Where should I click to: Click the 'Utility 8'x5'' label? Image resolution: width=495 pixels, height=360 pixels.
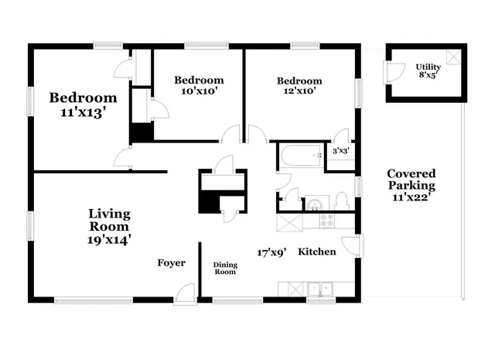428,71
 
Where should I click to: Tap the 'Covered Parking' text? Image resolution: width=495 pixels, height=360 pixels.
411,180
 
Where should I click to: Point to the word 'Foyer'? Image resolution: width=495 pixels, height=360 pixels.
171,263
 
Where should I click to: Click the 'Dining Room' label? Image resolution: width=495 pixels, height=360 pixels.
225,269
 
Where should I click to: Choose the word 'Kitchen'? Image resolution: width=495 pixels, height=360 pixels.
317,252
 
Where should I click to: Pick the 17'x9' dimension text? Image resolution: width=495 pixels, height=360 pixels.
272,252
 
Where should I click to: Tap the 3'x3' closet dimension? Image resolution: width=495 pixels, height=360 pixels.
341,152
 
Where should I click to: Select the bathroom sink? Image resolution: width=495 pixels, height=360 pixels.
316,205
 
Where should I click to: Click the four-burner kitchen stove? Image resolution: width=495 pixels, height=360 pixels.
328,221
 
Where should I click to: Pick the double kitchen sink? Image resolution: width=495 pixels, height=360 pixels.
318,290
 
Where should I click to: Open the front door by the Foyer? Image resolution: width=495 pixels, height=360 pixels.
185,293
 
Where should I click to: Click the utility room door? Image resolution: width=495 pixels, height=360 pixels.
392,70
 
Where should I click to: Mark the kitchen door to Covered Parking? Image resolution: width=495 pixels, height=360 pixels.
351,247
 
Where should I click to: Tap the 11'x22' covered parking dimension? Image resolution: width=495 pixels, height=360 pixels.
411,198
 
